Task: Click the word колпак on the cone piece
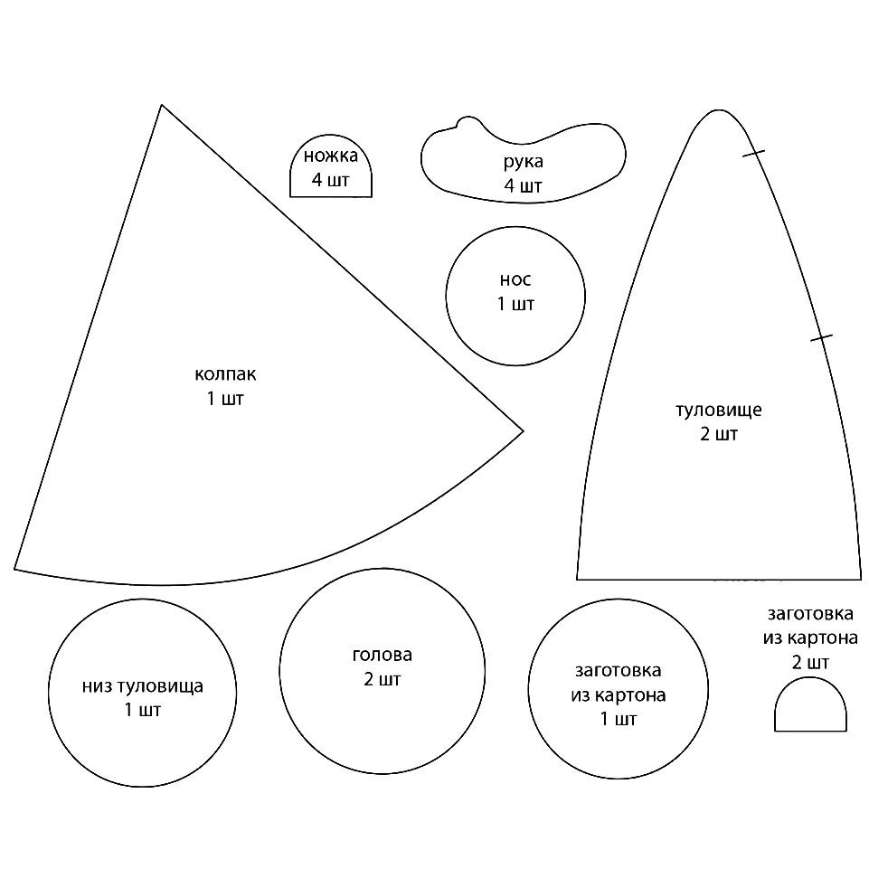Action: (225, 374)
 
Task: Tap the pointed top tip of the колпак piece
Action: (161, 104)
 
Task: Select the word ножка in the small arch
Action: (331, 156)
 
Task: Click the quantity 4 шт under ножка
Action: (331, 180)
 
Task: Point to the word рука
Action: (524, 162)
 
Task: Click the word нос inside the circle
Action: (515, 280)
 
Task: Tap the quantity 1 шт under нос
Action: (515, 304)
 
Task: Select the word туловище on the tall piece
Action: (719, 411)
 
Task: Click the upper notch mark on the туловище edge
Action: (754, 154)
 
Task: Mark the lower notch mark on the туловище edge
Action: (821, 337)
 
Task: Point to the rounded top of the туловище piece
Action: (718, 110)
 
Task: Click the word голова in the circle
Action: (383, 655)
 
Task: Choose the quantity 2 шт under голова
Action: (383, 679)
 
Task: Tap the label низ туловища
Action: (143, 686)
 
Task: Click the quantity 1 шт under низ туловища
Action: (143, 710)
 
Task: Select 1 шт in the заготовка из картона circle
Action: (619, 719)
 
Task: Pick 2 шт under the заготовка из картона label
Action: (810, 662)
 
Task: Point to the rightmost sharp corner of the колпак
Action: (523, 430)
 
